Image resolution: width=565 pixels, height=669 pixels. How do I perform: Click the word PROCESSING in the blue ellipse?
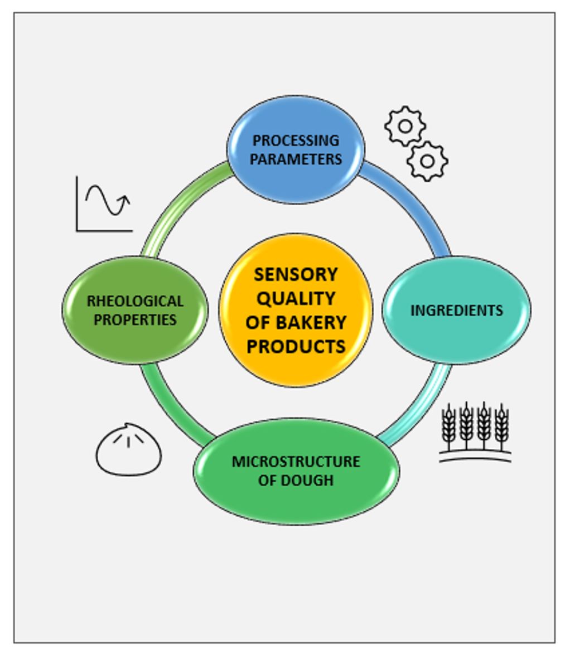point(296,140)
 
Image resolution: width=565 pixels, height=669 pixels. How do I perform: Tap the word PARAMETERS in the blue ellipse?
point(296,159)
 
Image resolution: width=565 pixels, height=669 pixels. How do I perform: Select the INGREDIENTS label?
point(456,310)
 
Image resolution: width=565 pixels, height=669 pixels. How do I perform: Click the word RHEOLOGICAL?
point(135,301)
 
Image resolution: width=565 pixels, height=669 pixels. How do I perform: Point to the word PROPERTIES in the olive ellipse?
point(135,320)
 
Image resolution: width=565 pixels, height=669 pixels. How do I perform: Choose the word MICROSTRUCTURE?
point(296,462)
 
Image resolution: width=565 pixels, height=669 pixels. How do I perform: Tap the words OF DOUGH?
point(296,480)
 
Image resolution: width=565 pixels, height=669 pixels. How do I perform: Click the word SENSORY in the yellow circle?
point(296,274)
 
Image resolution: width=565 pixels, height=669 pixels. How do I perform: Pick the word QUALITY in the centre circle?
point(296,298)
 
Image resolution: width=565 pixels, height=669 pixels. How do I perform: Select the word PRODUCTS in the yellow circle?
point(296,346)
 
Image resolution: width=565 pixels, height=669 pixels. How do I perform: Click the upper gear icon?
point(405,127)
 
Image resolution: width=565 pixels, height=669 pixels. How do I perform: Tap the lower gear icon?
point(427,161)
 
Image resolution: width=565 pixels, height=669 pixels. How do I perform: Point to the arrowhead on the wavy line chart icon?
point(125,200)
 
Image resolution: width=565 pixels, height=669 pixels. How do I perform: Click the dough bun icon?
point(129,449)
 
